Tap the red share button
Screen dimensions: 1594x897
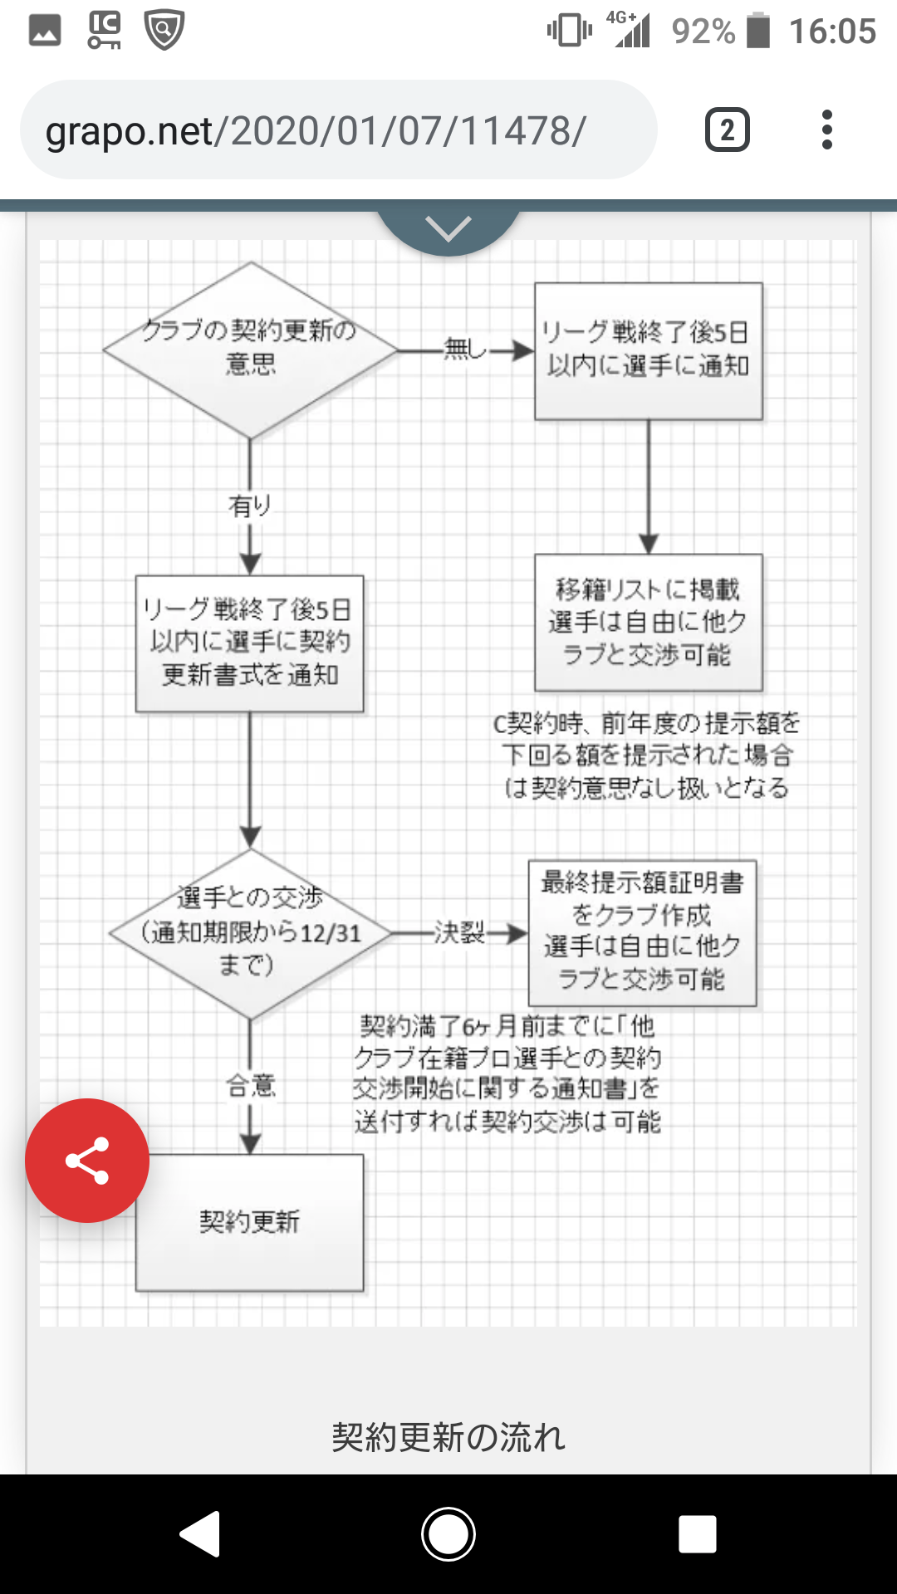point(87,1160)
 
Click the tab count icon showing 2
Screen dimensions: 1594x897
point(727,130)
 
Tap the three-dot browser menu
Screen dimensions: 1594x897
point(826,130)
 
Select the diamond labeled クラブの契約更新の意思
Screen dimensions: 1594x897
point(250,350)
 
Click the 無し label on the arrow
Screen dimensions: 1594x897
point(464,349)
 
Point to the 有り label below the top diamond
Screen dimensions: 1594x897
point(250,505)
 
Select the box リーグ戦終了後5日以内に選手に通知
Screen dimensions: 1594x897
point(648,350)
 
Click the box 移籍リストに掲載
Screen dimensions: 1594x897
point(648,622)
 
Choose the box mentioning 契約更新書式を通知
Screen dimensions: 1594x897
point(249,643)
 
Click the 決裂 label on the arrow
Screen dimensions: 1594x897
point(459,932)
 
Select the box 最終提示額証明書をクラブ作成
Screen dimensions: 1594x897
point(642,932)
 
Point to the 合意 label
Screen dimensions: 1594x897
point(250,1084)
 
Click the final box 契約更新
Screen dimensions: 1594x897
point(249,1221)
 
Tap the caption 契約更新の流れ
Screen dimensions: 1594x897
point(448,1436)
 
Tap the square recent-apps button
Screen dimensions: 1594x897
point(697,1533)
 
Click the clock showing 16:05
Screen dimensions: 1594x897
point(832,32)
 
